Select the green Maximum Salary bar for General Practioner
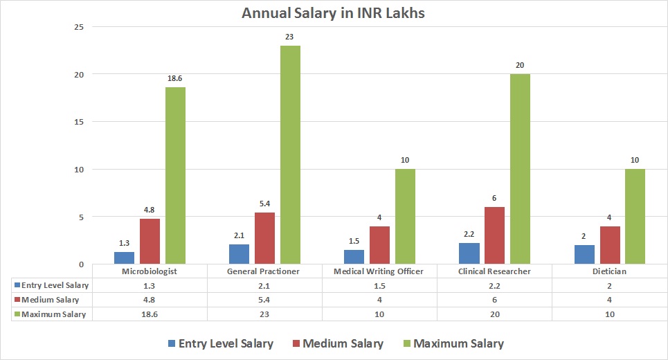click(290, 154)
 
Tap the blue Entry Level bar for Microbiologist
click(125, 258)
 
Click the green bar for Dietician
click(634, 217)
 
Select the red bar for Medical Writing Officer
click(379, 245)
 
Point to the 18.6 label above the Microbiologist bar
click(174, 80)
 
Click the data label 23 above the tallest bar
click(290, 37)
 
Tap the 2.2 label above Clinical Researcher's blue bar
click(469, 235)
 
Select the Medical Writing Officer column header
click(379, 271)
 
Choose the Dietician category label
click(609, 271)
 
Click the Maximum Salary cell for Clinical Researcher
click(494, 314)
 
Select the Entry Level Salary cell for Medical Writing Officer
click(379, 285)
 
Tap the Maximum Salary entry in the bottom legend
click(452, 343)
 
